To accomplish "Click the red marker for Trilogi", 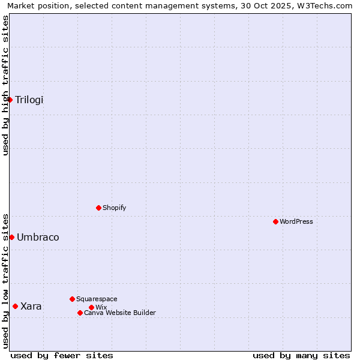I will point(10,100).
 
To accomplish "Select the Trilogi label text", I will point(29,100).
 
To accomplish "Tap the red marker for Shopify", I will point(98,208).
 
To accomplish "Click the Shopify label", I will point(114,208).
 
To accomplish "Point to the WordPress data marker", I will point(275,221).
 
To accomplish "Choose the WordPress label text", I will point(296,222).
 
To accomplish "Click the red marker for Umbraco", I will point(11,237).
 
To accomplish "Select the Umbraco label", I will point(38,238).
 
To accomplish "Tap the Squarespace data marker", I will point(72,299).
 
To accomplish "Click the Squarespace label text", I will point(97,299).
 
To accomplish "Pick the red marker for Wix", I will point(91,307).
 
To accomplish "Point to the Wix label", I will point(101,308).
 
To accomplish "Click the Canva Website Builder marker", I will point(80,313).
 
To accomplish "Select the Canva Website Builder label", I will point(120,313).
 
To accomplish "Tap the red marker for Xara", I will point(15,306).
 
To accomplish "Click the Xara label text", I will point(31,307).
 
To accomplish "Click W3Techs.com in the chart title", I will point(326,6).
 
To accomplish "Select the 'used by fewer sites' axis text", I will point(62,355).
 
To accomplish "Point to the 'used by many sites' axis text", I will point(301,355).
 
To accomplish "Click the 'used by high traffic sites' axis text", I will point(6,85).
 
